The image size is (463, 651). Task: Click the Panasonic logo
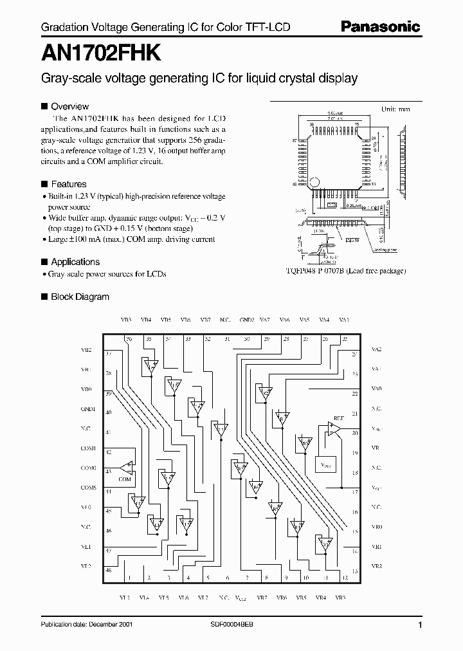380,26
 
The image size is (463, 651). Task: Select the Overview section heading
69,106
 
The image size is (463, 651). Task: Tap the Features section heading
68,183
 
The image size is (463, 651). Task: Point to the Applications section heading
75,262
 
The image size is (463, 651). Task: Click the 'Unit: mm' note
395,109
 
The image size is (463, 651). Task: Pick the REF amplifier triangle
334,426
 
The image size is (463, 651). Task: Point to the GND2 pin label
246,320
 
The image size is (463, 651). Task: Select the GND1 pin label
88,408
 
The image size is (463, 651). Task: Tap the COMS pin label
88,488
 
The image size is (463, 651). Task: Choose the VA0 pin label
377,389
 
